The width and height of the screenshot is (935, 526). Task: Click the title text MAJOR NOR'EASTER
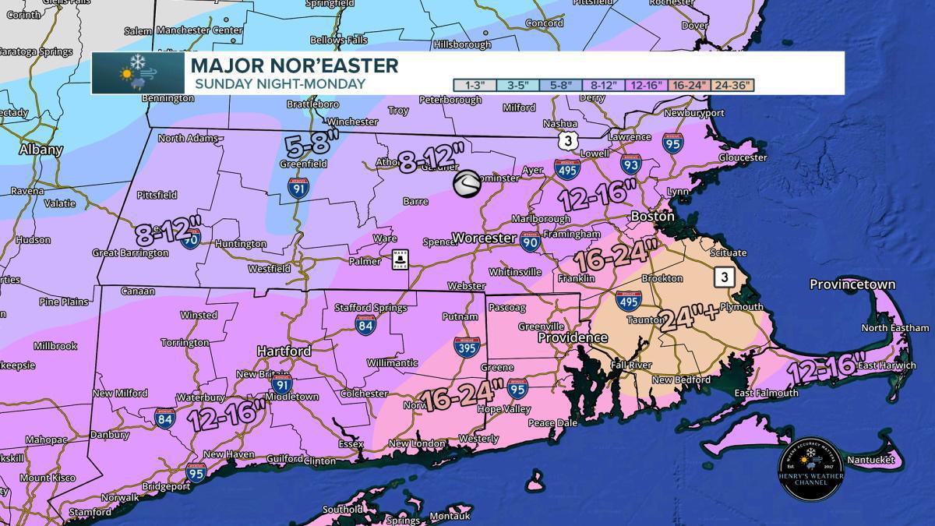(294, 65)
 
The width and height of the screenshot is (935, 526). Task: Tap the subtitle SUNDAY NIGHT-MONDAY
(280, 84)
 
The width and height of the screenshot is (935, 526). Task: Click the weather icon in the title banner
(138, 73)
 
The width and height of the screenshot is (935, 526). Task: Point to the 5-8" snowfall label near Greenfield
(312, 144)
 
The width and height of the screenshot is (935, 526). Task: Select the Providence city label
(573, 338)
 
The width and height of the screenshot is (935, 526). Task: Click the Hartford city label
(284, 351)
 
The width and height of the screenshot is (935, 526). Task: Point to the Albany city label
(41, 150)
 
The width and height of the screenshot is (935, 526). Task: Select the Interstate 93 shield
(631, 164)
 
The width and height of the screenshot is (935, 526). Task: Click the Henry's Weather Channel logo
(811, 469)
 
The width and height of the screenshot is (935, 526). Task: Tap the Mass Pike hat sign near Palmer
(400, 259)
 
